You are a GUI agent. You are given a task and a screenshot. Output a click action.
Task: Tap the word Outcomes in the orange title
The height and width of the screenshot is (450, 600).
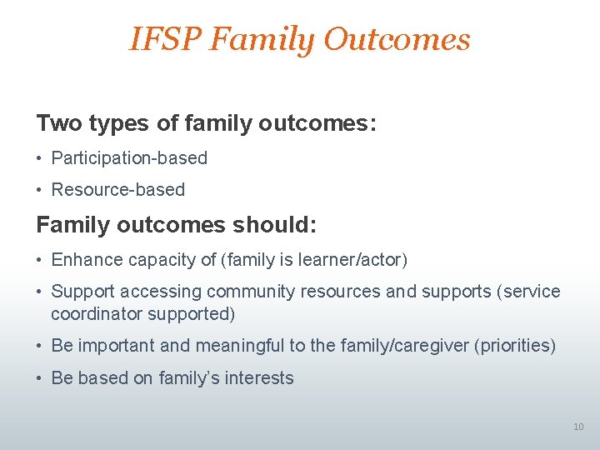397,39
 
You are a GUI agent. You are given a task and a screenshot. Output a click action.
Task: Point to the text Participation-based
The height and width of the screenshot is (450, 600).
129,157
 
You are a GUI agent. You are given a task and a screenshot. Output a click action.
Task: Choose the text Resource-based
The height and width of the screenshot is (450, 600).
118,189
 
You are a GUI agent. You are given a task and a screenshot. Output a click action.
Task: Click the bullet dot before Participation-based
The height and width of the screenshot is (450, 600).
41,158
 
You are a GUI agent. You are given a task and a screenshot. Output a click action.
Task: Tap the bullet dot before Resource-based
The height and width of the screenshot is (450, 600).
41,190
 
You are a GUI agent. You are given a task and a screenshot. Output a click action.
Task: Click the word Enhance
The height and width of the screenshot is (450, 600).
87,260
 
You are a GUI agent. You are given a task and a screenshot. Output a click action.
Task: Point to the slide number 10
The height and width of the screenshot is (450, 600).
578,427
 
